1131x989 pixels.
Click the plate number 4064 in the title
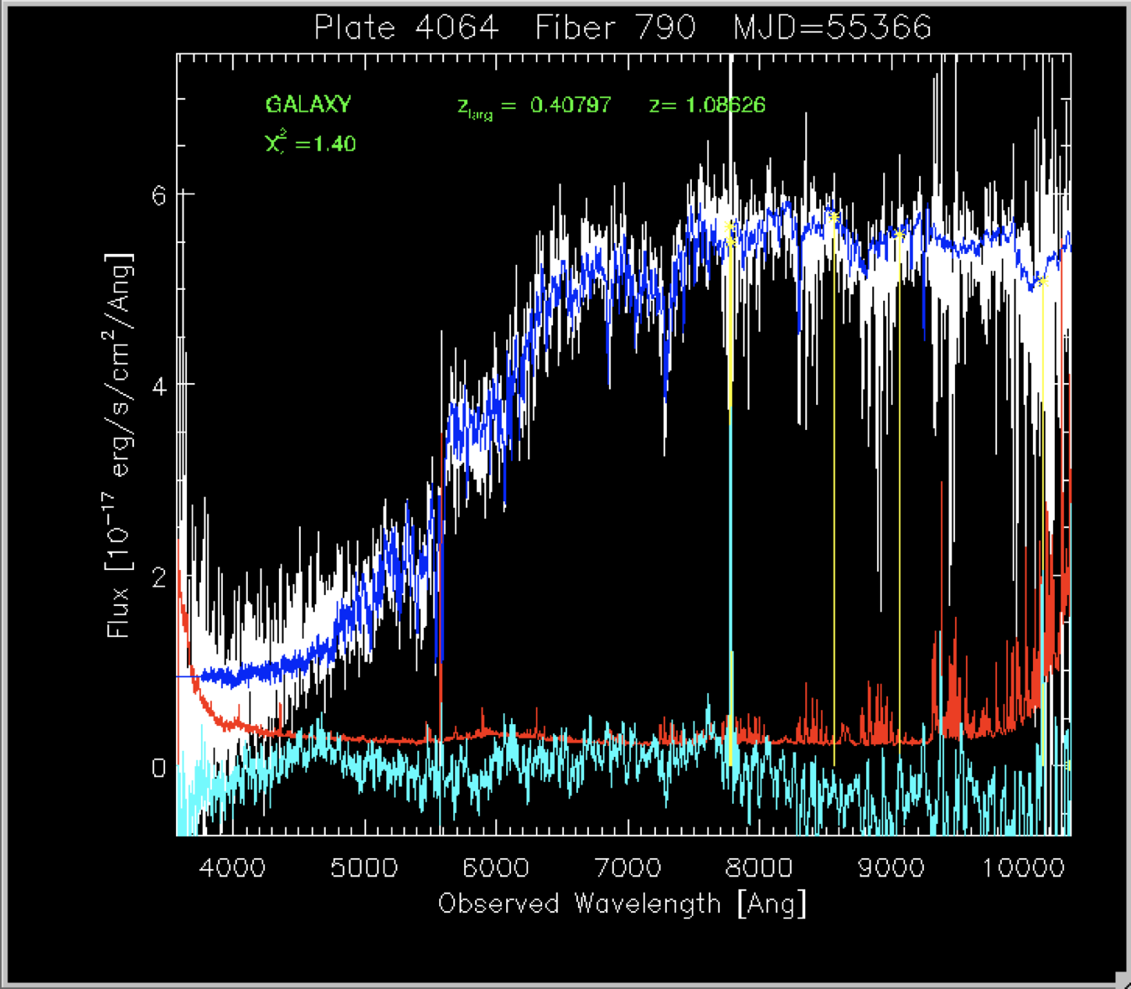coord(457,28)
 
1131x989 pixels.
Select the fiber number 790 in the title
coord(665,28)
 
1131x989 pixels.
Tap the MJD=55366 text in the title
coord(832,28)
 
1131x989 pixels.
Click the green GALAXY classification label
coord(308,105)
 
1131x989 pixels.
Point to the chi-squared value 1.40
coord(335,144)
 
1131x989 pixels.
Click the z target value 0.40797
coord(571,105)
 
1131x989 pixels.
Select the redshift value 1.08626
coord(725,105)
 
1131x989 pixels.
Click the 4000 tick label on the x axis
coord(232,867)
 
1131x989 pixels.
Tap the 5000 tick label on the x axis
coord(364,867)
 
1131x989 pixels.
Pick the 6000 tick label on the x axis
coord(495,867)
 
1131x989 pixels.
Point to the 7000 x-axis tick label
coord(627,867)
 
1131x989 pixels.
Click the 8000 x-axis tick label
coord(759,867)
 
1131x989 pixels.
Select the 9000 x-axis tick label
coord(891,867)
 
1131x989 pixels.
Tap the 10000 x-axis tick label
coord(1023,867)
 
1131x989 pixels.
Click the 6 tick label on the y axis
coord(158,194)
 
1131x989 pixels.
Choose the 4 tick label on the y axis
coord(158,386)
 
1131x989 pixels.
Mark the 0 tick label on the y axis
coord(158,768)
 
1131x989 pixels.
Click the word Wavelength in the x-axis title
coord(648,904)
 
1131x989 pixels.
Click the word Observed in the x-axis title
coord(498,904)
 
